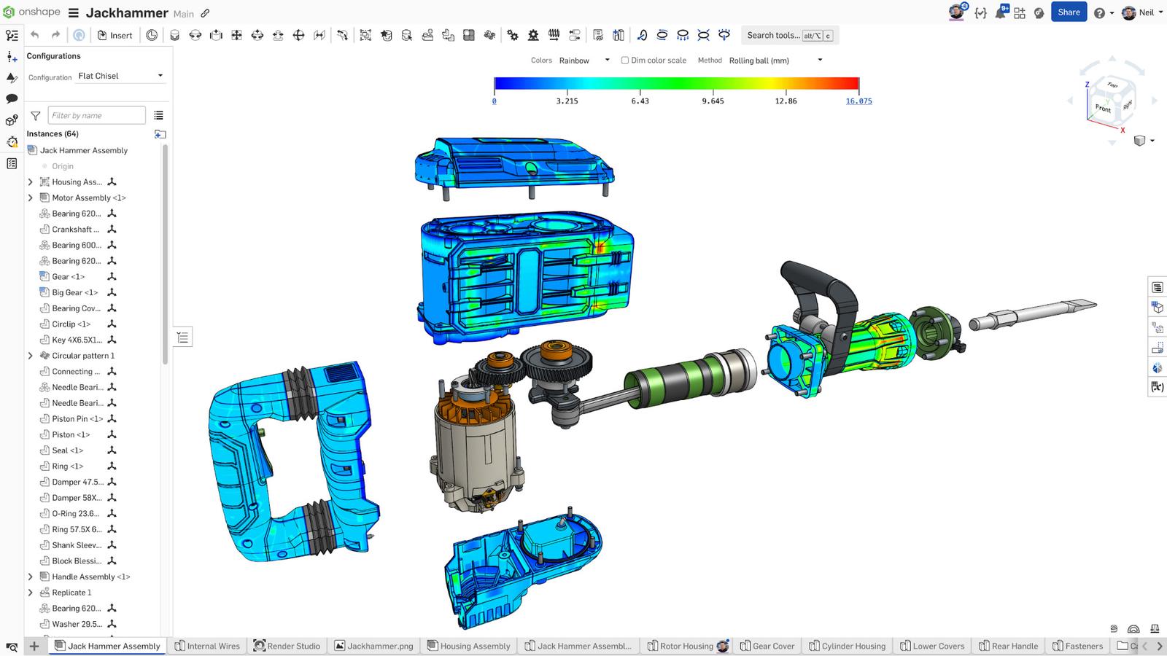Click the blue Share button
coord(1069,12)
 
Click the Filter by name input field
coord(96,115)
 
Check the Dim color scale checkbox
coord(624,60)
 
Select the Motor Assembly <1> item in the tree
coord(88,198)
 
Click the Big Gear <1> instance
coord(74,292)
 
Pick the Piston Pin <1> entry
coord(77,418)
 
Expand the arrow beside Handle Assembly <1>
coord(30,577)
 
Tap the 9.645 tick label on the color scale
coord(713,101)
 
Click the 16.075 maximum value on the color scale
coord(858,101)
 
